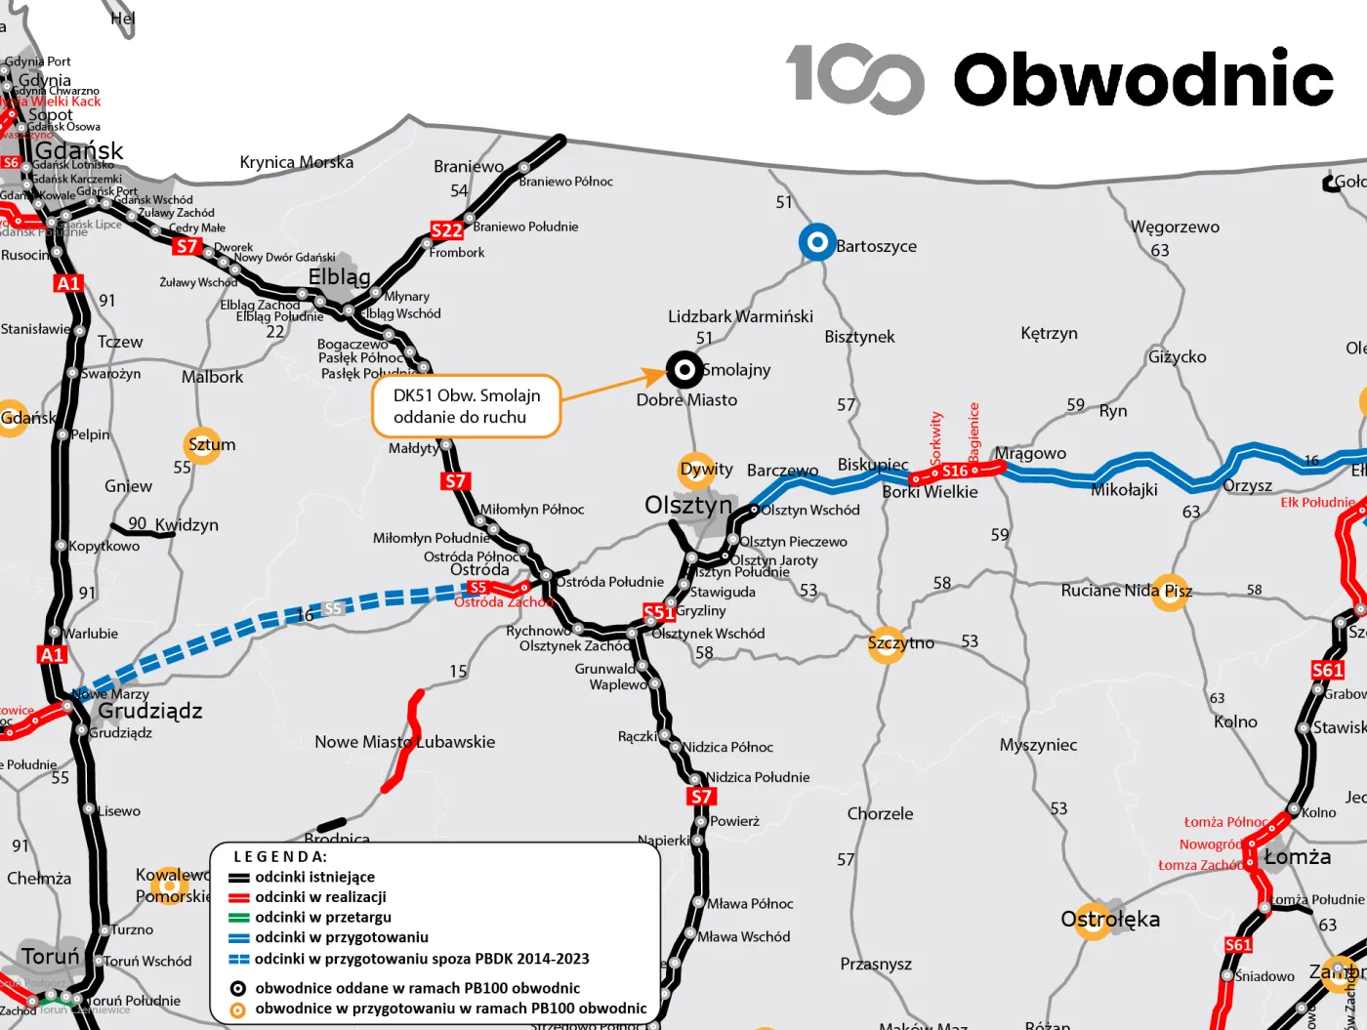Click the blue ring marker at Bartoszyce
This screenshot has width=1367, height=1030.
tap(816, 242)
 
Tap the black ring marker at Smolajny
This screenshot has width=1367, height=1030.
tap(684, 370)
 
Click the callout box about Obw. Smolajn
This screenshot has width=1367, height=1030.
tap(466, 406)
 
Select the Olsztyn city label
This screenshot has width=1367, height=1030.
tap(688, 505)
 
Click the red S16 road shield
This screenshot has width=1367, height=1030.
tap(954, 472)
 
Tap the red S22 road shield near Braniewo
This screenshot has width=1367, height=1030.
tap(446, 230)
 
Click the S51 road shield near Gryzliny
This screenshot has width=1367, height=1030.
tap(659, 612)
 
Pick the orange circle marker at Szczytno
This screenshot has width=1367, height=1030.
tap(887, 644)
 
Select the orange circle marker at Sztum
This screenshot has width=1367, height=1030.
tap(202, 444)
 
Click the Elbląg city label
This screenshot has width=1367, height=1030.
tap(339, 277)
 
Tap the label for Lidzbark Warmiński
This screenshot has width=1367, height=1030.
tap(740, 316)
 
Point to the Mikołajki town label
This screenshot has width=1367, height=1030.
tap(1124, 490)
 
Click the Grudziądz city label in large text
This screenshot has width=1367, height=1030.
tap(150, 711)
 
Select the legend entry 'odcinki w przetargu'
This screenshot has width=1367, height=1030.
tap(322, 917)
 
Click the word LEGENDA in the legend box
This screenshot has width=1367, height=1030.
tap(280, 856)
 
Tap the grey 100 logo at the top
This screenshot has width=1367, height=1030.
tap(854, 78)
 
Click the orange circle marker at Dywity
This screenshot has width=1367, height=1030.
tap(696, 470)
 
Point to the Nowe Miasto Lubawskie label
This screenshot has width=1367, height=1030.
tap(404, 742)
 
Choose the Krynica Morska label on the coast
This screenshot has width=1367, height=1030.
tap(297, 162)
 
